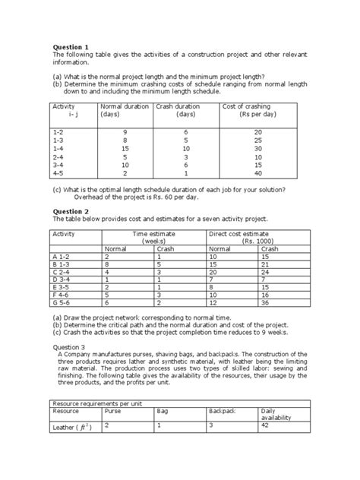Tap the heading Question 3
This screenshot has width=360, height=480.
tap(69, 343)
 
